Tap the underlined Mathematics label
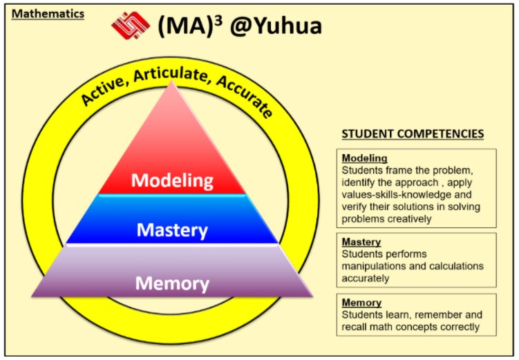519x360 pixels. tap(48, 14)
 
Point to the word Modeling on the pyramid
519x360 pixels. tap(172, 181)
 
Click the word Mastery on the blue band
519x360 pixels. tap(172, 229)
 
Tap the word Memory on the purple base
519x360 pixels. tap(172, 283)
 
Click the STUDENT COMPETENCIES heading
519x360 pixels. tap(413, 134)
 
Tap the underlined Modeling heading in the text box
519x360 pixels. tap(365, 158)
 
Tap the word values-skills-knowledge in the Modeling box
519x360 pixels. tap(391, 195)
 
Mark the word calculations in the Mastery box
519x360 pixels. tap(457, 266)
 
